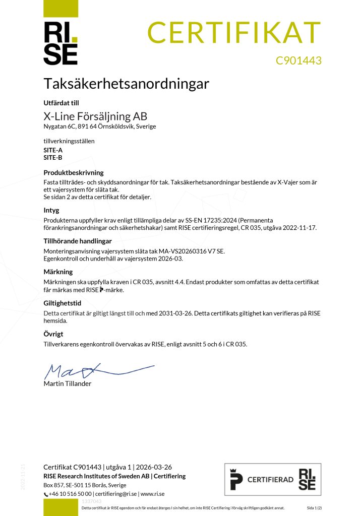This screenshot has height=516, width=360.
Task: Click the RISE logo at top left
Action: [x=61, y=43]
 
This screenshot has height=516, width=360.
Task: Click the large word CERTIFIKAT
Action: [x=234, y=32]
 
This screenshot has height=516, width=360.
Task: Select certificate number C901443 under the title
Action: [x=298, y=60]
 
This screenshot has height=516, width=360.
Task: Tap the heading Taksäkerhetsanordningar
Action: [x=126, y=83]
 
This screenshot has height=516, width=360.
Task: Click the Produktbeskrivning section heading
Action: [x=74, y=172]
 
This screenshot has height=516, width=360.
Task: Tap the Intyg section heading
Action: [x=51, y=210]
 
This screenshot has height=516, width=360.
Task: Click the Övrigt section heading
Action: [x=53, y=334]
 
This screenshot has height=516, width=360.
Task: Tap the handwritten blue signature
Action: [x=96, y=371]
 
